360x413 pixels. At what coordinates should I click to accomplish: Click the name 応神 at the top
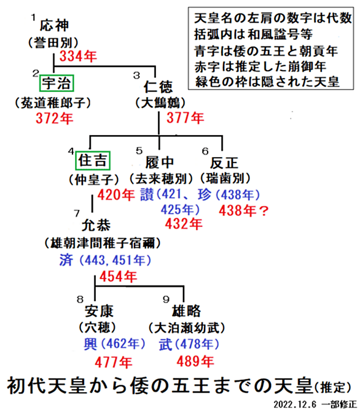coord(54,25)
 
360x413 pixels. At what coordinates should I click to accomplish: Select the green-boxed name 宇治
coord(57,83)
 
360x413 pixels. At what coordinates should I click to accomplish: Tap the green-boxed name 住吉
coord(93,160)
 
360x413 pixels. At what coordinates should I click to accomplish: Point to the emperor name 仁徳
coord(158,87)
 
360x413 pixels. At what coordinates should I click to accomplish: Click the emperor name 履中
coord(160,162)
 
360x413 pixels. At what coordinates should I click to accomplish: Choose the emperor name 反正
coord(224,163)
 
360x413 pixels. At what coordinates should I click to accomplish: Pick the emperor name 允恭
coord(96,225)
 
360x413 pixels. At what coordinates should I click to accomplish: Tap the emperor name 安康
coord(99,311)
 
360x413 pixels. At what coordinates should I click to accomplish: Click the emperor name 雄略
coord(186,311)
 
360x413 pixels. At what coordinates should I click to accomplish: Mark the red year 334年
coord(78,56)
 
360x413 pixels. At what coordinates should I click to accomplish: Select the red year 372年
coord(54,118)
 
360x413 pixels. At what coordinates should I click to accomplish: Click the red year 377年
coord(185,117)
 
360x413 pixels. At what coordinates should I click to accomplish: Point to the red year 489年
coord(195,361)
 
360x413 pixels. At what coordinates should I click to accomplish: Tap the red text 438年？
coord(244,210)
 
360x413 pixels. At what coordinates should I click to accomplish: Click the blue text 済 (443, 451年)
coord(105,260)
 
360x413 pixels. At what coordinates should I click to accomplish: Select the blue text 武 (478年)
coord(189,344)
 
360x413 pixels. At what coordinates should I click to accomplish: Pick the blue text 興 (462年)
coord(114,344)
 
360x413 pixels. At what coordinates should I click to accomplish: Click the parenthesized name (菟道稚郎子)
coord(53,102)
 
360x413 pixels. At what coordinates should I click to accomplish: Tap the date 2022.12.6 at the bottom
coord(295,404)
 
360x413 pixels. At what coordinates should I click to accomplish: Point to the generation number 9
coord(166,299)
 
